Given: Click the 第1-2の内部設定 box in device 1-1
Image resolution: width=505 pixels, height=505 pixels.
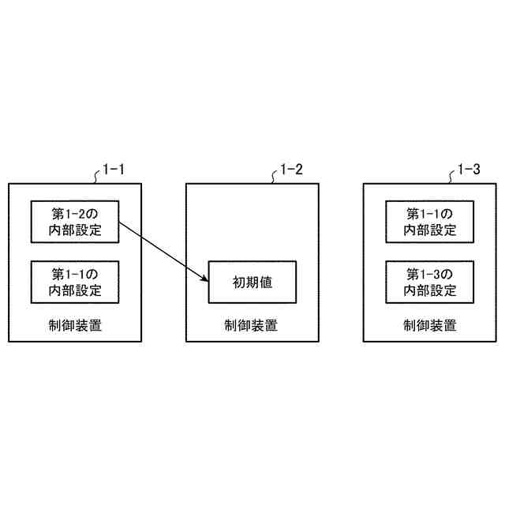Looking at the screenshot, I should pos(76,222).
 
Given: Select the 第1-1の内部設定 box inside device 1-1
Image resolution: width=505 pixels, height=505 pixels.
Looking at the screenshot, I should pos(76,282).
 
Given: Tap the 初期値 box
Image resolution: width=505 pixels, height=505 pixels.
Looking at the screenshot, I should pos(252,282).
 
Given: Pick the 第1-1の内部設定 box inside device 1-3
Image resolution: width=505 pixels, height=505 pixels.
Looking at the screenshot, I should pos(430,222).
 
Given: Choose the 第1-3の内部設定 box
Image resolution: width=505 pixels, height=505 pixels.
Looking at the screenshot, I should pos(430,282).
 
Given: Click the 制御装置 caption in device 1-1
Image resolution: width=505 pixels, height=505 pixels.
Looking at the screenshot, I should pos(76,324).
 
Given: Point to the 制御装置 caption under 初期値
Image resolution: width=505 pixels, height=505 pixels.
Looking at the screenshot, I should pos(252,324).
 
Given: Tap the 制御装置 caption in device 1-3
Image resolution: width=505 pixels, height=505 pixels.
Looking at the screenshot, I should pos(430,324).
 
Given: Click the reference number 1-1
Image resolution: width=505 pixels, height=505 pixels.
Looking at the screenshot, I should pos(114,169).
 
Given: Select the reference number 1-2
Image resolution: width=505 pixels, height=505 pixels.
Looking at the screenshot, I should pos(292,169).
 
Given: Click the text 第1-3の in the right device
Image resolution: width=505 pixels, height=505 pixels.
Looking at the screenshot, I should pos(430,274).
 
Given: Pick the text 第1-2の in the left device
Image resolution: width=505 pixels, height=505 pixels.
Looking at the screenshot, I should pos(76,214).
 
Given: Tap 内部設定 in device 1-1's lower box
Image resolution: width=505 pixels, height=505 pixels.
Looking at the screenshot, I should pos(76,290).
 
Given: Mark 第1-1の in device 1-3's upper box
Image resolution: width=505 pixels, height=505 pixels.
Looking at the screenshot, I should pos(430,214).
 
